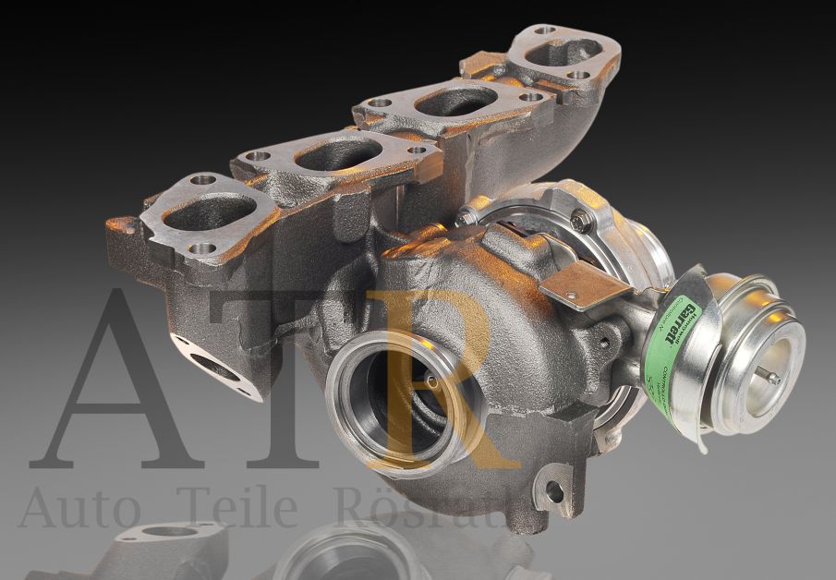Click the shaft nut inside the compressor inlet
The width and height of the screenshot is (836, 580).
pos(430,381)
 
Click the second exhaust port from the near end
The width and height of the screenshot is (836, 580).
pos(326,154)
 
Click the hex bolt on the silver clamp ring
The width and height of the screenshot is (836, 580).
pos(580,222)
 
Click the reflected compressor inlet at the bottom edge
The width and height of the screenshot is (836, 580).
pos(342,559)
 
